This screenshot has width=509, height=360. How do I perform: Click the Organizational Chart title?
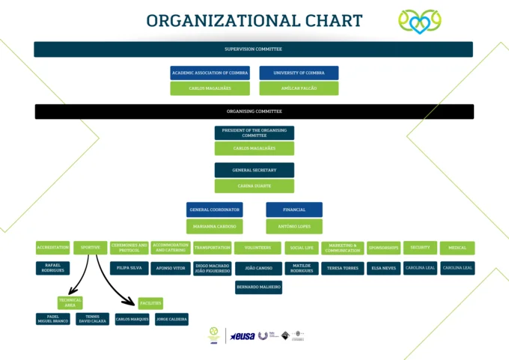pos(254,21)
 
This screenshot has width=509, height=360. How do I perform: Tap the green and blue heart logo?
pos(420,22)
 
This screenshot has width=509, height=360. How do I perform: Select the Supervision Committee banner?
pos(253,49)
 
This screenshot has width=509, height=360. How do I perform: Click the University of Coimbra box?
pos(299,73)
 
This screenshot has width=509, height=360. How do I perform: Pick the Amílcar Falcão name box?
pos(299,88)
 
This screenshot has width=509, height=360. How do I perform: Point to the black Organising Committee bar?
pos(254,112)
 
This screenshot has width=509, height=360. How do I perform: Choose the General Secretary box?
pos(254,170)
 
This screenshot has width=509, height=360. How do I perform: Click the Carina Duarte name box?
pos(254,186)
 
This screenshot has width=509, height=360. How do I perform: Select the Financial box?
pos(294,210)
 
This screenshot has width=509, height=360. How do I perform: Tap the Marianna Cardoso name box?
pos(215,226)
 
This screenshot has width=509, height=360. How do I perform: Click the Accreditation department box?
pos(52,248)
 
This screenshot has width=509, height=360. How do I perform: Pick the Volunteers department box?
pos(257,248)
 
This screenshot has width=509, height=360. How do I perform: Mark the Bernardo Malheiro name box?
pos(258,287)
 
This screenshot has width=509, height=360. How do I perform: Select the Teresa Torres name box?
pos(342,268)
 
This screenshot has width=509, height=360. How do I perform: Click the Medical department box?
pos(457,248)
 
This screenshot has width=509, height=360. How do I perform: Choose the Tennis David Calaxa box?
pos(92,319)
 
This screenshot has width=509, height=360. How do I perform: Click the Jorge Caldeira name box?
pos(171,319)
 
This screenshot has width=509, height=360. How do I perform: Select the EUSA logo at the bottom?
pos(242,337)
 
